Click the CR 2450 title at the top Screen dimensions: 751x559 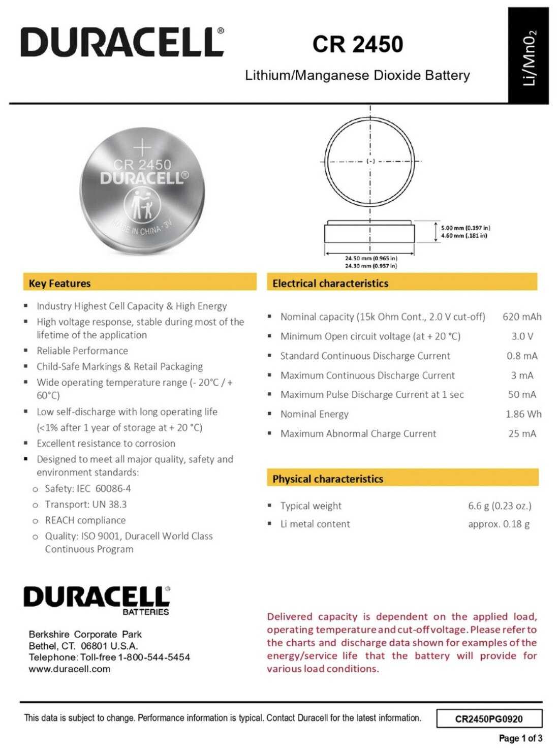(358, 44)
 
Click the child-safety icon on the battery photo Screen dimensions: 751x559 (142, 205)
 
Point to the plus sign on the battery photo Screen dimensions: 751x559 (142, 147)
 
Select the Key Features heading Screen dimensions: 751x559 (59, 283)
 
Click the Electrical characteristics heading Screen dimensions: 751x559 (330, 283)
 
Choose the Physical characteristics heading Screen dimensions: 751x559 (328, 479)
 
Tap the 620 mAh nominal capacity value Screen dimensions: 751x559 (522, 317)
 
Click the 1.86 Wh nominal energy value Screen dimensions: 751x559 (523, 414)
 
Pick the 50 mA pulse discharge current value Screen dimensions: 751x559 (522, 394)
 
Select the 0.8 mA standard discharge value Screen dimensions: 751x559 (522, 356)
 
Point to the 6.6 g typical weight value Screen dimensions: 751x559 (500, 506)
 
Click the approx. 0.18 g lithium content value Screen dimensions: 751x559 (499, 524)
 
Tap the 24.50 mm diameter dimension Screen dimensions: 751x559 (371, 258)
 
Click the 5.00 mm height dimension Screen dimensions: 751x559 (465, 228)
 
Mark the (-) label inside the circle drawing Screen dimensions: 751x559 (371, 161)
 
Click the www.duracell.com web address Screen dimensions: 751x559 (70, 669)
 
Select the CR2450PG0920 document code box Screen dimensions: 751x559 (489, 718)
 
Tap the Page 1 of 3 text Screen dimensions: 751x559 (520, 738)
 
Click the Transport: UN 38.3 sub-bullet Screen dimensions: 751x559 (85, 504)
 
